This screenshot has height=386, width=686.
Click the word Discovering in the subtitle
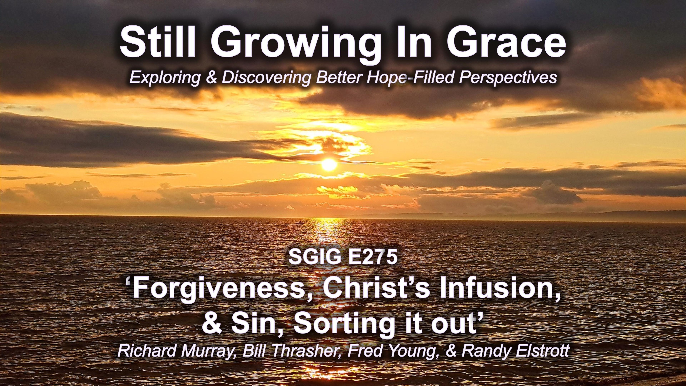point(265,77)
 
